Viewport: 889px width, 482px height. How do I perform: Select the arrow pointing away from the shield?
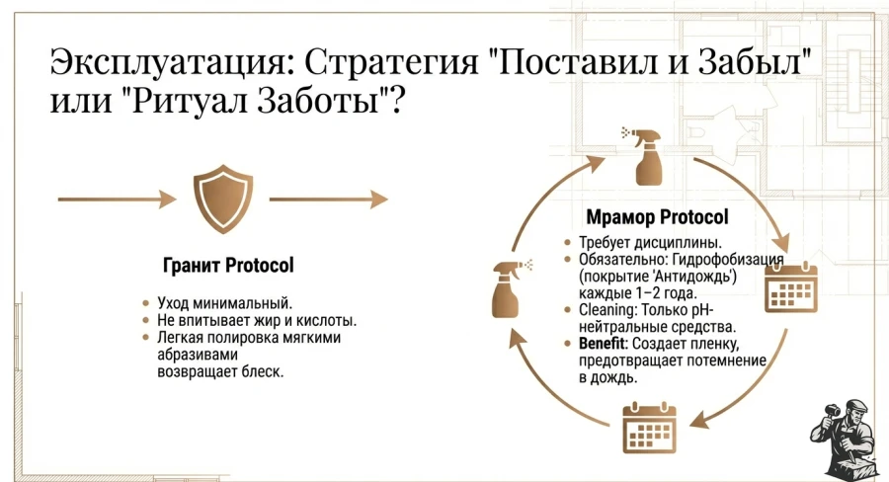click(x=328, y=200)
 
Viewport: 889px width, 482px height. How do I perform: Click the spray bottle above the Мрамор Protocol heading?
click(x=644, y=156)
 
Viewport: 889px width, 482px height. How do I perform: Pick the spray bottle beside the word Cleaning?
click(x=510, y=287)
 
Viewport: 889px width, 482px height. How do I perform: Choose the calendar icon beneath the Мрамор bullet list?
click(x=648, y=427)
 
